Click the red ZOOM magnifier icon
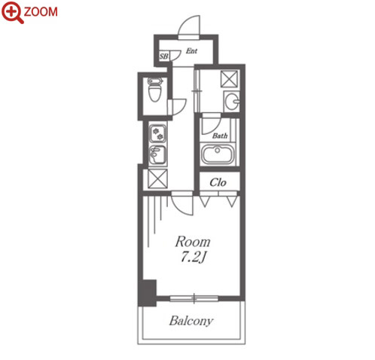pos(12,12)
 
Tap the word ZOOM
pos(41,12)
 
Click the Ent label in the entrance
pos(191,51)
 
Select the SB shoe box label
pos(164,56)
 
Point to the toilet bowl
pos(154,93)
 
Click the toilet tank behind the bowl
pos(154,81)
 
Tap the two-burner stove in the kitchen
pos(157,133)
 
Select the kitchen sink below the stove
pos(157,154)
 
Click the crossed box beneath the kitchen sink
pos(157,178)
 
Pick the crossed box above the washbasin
pos(229,79)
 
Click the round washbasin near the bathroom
pos(231,102)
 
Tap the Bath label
pos(220,136)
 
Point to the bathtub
pos(218,154)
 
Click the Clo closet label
pos(218,182)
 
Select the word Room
pos(193,242)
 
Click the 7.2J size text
pos(194,258)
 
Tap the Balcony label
pos(191,321)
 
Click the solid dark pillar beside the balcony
pos(147,293)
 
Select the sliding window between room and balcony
pos(194,298)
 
